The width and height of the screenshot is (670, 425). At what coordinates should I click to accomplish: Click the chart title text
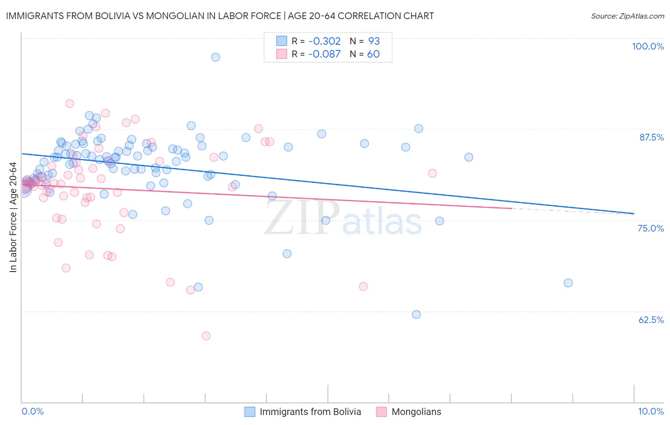tap(220, 16)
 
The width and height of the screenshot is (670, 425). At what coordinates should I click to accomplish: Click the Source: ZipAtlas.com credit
tap(627, 16)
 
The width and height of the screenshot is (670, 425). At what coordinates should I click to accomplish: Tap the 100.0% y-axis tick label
tap(648, 46)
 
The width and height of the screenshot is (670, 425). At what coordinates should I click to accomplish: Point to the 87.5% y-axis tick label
tap(651, 137)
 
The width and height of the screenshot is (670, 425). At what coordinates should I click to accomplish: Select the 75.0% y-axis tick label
tap(650, 228)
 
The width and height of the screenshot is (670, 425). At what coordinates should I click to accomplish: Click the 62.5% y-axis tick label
tap(651, 320)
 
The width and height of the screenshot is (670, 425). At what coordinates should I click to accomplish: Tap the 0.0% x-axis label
tap(32, 411)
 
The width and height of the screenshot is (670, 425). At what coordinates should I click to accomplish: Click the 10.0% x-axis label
tap(650, 411)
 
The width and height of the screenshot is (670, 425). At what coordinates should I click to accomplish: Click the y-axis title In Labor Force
tap(13, 217)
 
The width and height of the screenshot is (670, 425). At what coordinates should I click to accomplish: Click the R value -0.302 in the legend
tap(324, 41)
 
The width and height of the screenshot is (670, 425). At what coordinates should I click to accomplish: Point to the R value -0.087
tap(324, 54)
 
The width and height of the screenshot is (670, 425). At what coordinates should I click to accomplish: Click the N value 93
tap(374, 41)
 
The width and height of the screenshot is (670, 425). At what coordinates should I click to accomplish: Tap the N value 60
tap(373, 54)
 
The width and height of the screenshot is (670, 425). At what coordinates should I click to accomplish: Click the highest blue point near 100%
tap(215, 57)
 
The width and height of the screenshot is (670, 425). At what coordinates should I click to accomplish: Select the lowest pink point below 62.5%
tap(206, 336)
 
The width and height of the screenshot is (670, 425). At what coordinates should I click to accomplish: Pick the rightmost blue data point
tap(568, 283)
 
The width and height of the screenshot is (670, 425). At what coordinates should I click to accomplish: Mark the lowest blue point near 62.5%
tap(416, 314)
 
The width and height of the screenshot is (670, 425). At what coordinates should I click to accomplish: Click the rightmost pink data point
tap(432, 173)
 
